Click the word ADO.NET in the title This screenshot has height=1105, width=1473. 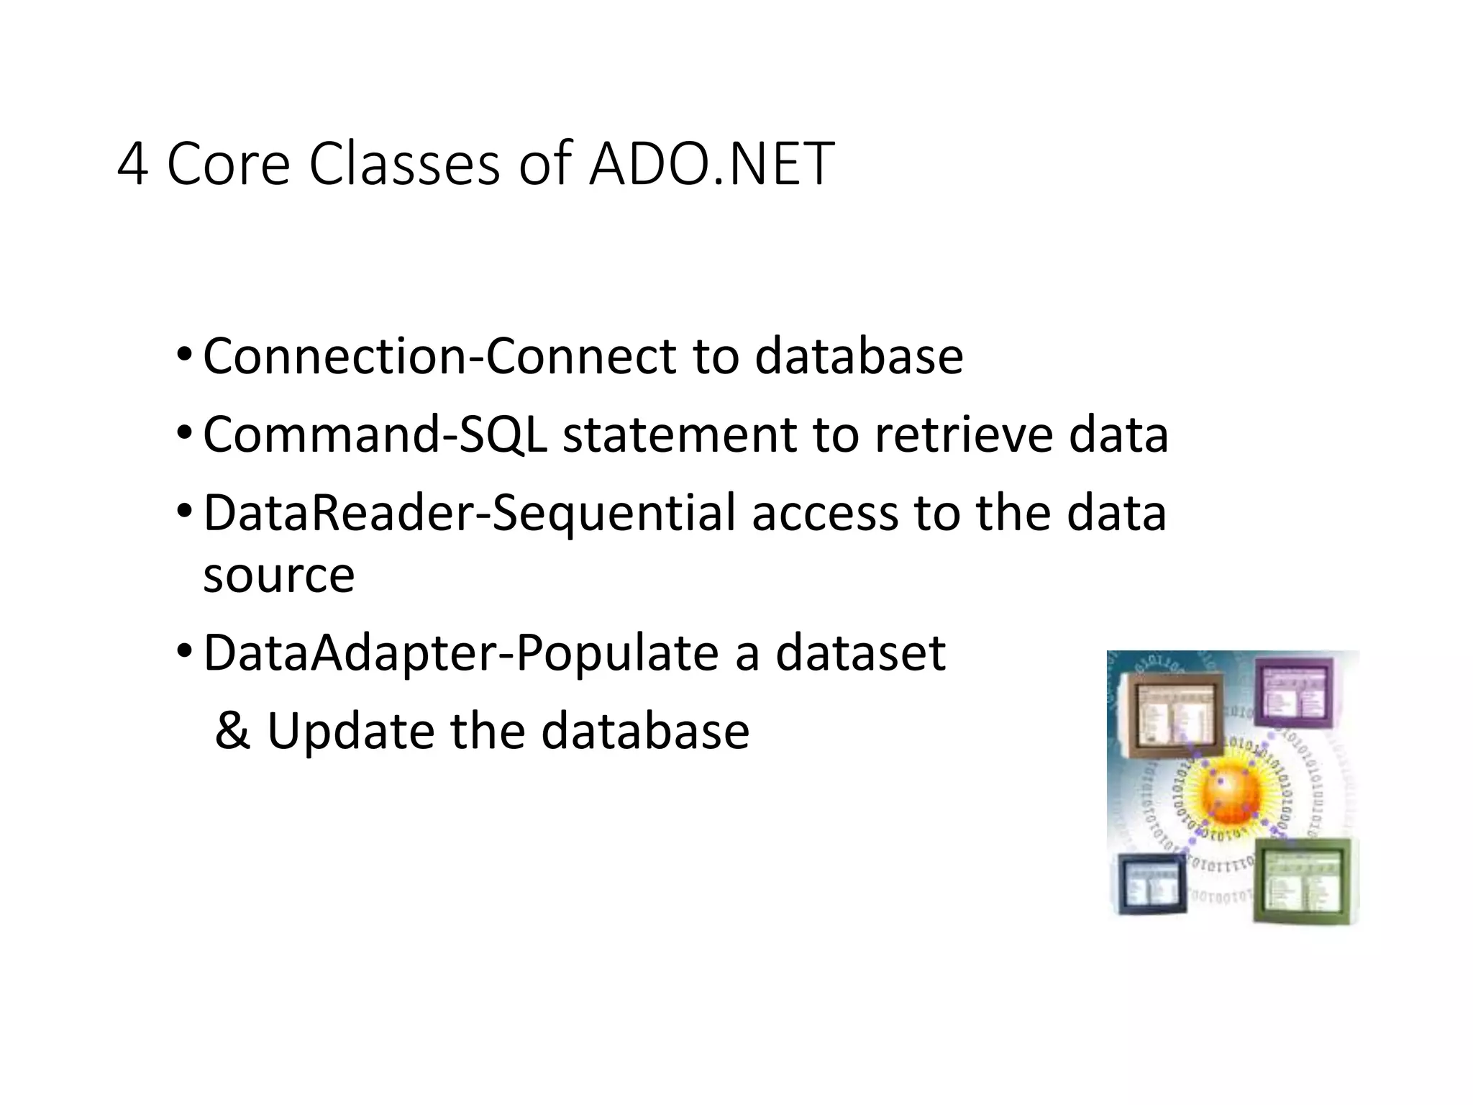(x=711, y=164)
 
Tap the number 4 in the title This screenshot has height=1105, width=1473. (x=132, y=165)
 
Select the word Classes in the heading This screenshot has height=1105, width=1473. (x=403, y=164)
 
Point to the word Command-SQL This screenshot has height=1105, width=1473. (x=374, y=435)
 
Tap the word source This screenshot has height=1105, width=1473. (x=279, y=576)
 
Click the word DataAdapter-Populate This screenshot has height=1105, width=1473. (x=461, y=653)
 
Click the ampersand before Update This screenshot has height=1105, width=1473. (x=232, y=731)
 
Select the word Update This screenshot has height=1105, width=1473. (x=350, y=731)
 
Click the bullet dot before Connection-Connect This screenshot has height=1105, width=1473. (x=184, y=355)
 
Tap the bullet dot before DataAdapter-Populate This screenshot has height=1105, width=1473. (x=184, y=651)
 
